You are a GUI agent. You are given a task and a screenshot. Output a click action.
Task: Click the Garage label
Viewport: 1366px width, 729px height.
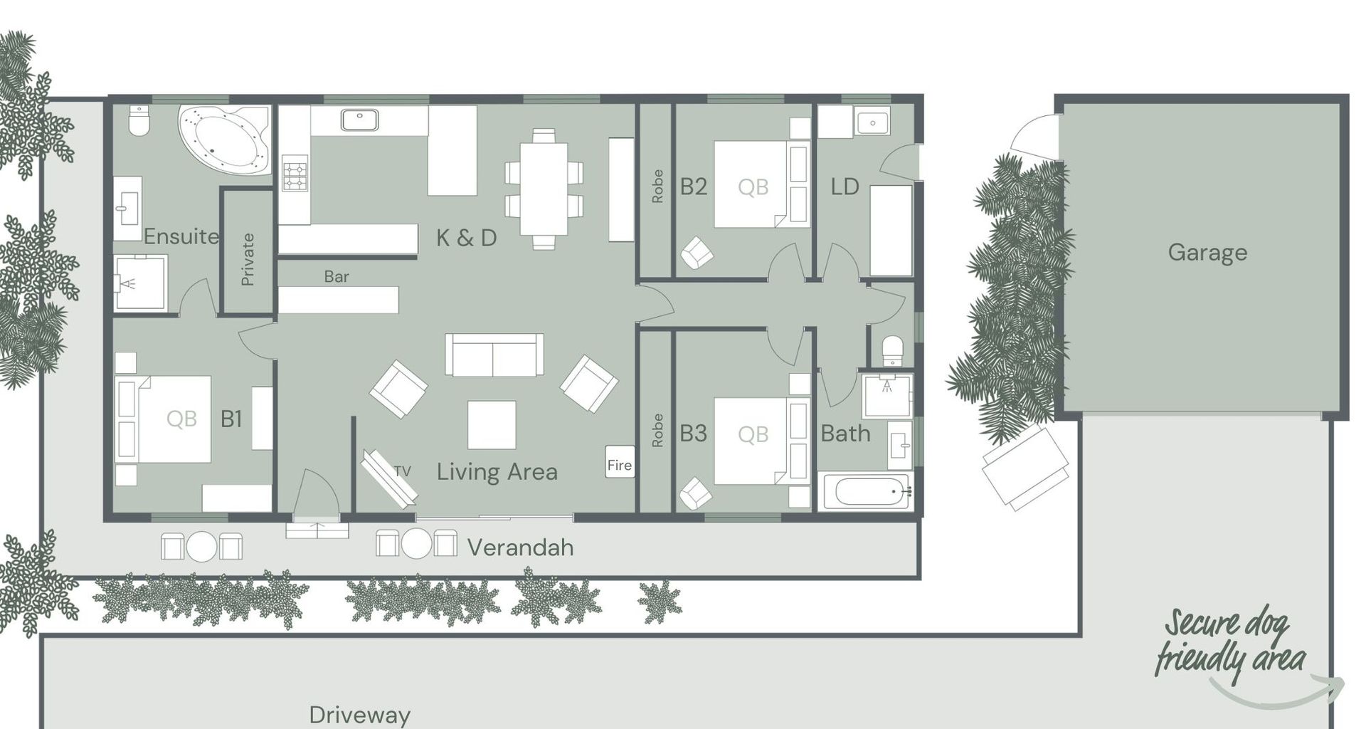(x=1207, y=253)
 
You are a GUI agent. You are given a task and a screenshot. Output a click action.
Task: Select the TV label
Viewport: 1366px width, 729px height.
(x=403, y=471)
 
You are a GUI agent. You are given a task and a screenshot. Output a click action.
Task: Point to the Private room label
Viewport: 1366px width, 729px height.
(x=248, y=259)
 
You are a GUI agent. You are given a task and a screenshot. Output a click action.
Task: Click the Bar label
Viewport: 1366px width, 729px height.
(x=337, y=276)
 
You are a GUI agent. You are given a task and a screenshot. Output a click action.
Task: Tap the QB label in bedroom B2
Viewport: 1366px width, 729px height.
(x=753, y=187)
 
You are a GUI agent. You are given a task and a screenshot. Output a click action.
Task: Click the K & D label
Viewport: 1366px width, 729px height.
(x=466, y=238)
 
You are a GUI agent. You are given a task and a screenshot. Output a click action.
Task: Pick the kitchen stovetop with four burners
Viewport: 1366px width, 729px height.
(x=295, y=174)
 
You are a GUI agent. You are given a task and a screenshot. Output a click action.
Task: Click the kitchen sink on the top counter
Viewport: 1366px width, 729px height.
(x=359, y=120)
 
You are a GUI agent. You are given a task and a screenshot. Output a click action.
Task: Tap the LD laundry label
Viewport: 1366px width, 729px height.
(x=845, y=187)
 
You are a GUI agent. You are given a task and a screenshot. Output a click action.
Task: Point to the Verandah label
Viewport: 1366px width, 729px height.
(x=520, y=547)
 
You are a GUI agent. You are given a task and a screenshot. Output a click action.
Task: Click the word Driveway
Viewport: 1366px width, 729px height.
(x=359, y=714)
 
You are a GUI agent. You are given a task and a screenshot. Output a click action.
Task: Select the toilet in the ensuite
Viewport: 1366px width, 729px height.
(x=139, y=122)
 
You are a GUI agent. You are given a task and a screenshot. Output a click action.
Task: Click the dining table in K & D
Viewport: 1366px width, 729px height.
(x=544, y=189)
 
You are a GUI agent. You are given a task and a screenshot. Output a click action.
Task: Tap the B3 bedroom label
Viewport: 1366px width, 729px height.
(x=693, y=434)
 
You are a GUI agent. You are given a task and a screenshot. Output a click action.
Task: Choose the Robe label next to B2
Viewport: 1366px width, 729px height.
(x=657, y=186)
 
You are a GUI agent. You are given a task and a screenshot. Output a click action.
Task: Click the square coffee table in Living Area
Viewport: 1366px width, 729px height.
(x=491, y=425)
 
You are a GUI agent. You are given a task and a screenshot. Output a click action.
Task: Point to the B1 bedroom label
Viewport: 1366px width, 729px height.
(x=231, y=419)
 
